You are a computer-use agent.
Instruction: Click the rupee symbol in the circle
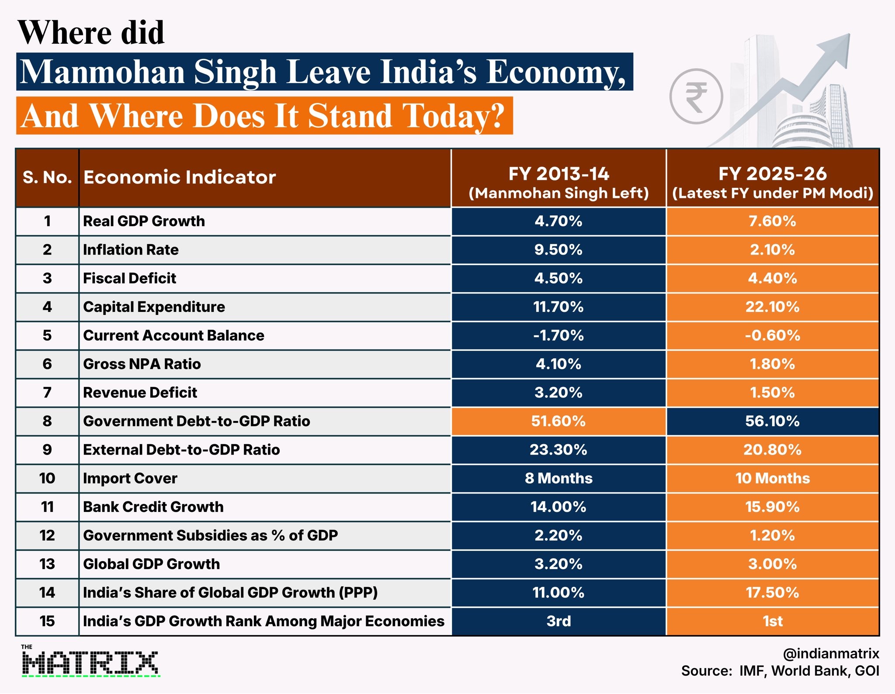click(696, 97)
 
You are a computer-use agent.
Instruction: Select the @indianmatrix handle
click(831, 653)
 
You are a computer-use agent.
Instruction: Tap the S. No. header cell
click(47, 178)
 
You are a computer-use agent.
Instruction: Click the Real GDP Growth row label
click(144, 221)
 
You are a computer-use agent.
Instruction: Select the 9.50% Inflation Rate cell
click(559, 250)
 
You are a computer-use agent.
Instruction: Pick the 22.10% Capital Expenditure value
click(773, 307)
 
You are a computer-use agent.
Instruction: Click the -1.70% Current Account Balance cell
click(559, 335)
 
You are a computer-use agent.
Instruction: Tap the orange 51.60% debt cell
click(559, 421)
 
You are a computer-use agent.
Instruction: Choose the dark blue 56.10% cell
click(773, 421)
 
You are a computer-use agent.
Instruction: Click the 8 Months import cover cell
click(559, 478)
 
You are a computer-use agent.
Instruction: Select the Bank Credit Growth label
click(153, 507)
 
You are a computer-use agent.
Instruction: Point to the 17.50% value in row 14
click(773, 593)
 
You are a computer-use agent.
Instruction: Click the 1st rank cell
click(773, 621)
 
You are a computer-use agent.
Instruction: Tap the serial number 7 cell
click(47, 393)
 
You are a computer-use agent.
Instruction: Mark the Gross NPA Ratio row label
click(142, 364)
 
